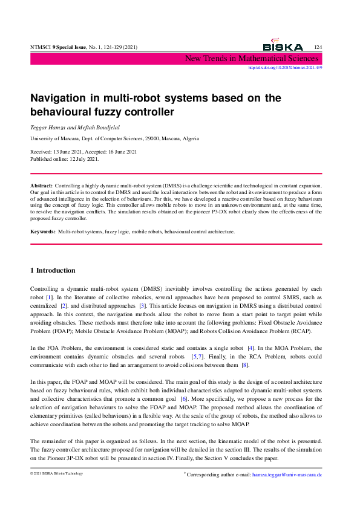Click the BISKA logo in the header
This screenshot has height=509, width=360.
click(x=283, y=47)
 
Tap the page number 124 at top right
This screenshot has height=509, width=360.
click(x=318, y=47)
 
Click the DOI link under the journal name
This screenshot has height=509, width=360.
click(x=286, y=68)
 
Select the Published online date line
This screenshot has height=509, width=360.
click(x=64, y=159)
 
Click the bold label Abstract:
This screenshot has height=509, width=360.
click(x=42, y=184)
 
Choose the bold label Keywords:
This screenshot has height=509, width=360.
click(x=43, y=232)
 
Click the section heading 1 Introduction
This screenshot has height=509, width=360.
click(x=53, y=270)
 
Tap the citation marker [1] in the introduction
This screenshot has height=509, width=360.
click(x=50, y=298)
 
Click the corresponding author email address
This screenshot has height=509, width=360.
click(x=287, y=475)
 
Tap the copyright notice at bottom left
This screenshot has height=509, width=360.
click(x=56, y=473)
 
